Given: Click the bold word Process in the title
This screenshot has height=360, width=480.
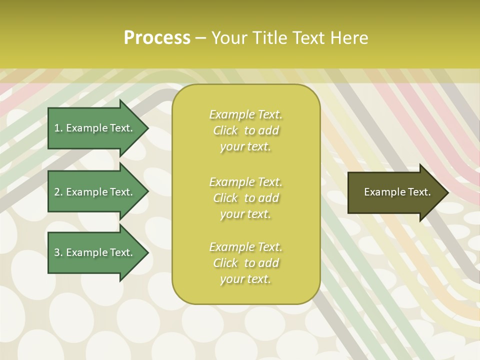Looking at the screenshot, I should click(x=157, y=38).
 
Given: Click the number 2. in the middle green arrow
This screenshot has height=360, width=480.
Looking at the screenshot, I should click(x=58, y=192).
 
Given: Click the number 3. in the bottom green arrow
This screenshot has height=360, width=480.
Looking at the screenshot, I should click(x=58, y=252).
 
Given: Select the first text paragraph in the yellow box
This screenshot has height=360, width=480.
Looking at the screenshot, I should click(x=245, y=130).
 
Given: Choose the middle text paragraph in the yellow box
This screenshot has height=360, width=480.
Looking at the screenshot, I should click(x=245, y=198).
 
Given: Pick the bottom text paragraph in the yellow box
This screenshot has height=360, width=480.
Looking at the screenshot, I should click(x=245, y=263).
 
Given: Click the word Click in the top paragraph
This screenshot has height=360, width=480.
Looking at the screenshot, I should click(x=225, y=130).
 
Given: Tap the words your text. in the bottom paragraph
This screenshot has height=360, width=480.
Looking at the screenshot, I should click(x=245, y=279).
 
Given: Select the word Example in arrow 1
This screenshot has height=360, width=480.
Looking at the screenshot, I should click(x=86, y=128).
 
